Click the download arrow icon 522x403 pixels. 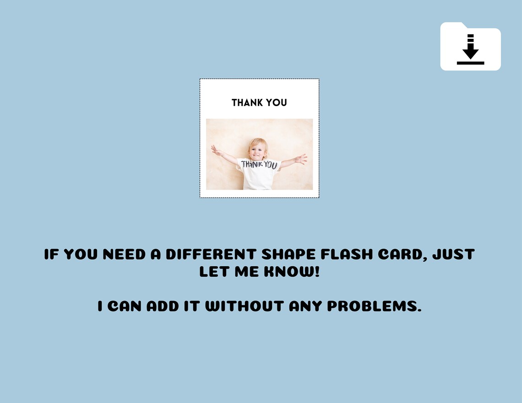click(x=470, y=49)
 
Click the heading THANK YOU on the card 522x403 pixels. click(x=259, y=102)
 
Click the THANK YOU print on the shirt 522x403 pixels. click(x=259, y=164)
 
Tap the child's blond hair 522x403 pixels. click(x=258, y=141)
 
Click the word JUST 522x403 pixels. click(x=454, y=254)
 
